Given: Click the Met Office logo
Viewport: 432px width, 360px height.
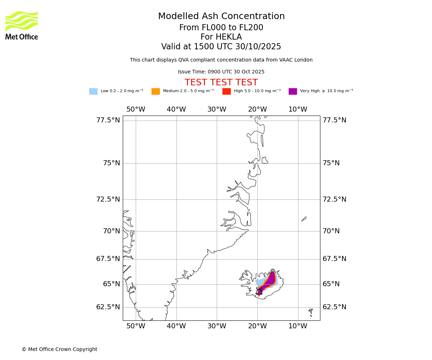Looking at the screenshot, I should pyautogui.click(x=22, y=25).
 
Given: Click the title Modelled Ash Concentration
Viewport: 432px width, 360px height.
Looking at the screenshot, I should pyautogui.click(x=221, y=17).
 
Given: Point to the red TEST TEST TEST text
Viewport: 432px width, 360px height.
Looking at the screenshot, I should pyautogui.click(x=221, y=82).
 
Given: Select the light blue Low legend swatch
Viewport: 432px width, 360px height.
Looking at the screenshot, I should pyautogui.click(x=93, y=91).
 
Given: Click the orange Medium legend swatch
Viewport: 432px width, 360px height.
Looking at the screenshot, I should pyautogui.click(x=156, y=91).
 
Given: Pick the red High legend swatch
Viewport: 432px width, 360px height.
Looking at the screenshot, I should pyautogui.click(x=226, y=91).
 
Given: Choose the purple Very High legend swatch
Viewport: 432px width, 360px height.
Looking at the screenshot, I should pyautogui.click(x=293, y=91).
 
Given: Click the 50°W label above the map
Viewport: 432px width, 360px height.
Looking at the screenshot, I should pyautogui.click(x=136, y=109).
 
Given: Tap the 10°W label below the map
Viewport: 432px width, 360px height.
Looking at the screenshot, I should pyautogui.click(x=298, y=326).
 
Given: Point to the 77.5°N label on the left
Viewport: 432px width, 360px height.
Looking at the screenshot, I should pyautogui.click(x=108, y=120).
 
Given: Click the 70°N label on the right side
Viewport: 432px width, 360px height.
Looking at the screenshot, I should pyautogui.click(x=331, y=231).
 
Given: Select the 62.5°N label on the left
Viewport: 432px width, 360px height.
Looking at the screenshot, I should pyautogui.click(x=108, y=307).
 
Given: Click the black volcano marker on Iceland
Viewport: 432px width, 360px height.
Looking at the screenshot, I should pyautogui.click(x=259, y=292).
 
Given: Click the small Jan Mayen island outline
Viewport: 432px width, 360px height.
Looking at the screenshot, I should pyautogui.click(x=304, y=219).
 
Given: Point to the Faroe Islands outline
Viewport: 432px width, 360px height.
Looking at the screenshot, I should pyautogui.click(x=310, y=310).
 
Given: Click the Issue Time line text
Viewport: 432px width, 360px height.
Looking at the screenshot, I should pyautogui.click(x=221, y=72).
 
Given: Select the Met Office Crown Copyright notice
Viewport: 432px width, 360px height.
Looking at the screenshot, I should pyautogui.click(x=59, y=350).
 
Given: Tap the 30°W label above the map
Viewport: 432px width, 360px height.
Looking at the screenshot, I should pyautogui.click(x=217, y=109).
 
